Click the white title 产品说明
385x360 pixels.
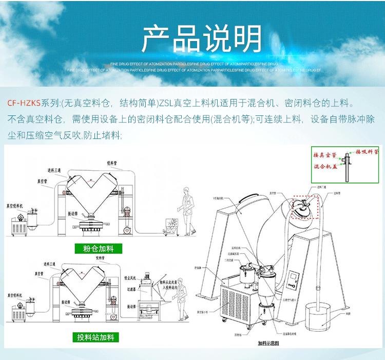coord(201,37)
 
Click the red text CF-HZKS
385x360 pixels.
coord(24,102)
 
